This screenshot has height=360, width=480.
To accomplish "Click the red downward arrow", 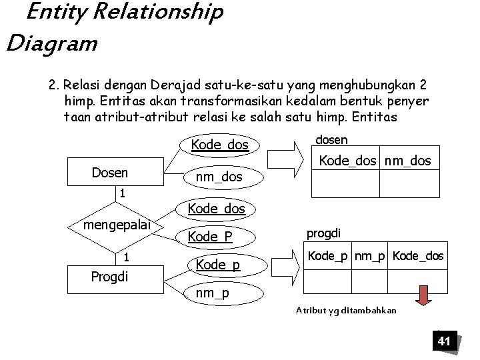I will click(x=423, y=294).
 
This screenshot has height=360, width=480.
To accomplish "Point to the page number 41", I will click(x=444, y=341).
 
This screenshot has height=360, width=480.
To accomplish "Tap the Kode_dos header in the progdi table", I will click(x=418, y=256).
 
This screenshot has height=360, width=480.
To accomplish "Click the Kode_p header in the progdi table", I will click(x=328, y=256).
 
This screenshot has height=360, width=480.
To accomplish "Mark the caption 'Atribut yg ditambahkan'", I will click(x=347, y=310).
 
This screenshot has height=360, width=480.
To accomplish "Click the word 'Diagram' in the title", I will click(x=52, y=44).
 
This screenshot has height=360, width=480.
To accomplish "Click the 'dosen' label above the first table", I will click(x=331, y=139).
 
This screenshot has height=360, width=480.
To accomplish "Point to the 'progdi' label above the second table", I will click(x=323, y=233).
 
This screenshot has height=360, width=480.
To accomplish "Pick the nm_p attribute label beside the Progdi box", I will click(x=211, y=292).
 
